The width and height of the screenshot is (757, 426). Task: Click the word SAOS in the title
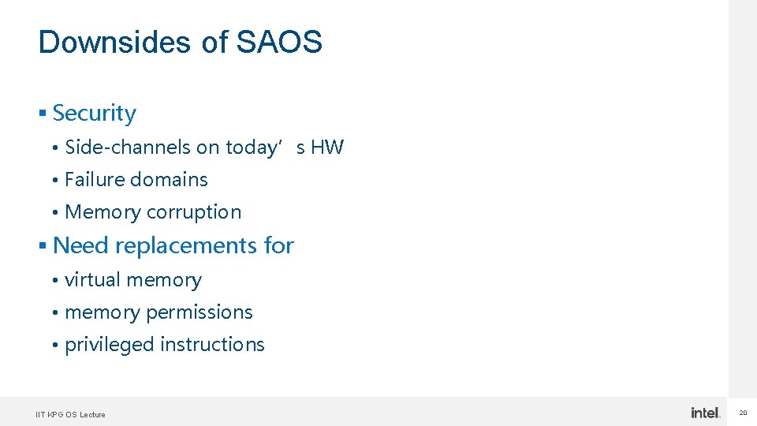pos(279,42)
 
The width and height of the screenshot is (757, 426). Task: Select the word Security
pos(94,114)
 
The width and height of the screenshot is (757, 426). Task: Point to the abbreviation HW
pos(327,148)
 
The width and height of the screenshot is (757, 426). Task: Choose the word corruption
pos(194,212)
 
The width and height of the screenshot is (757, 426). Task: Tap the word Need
pos(80,246)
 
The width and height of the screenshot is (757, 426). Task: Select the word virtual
pos(92,280)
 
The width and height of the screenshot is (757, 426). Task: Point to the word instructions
pos(212,345)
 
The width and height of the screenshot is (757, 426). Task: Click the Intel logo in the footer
pos(705,413)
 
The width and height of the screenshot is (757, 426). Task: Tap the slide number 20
pos(743,413)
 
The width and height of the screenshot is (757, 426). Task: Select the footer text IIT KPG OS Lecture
pos(70,415)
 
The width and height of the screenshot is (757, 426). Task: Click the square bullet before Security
pos(43,114)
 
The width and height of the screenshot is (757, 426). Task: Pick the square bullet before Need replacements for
pos(43,247)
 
